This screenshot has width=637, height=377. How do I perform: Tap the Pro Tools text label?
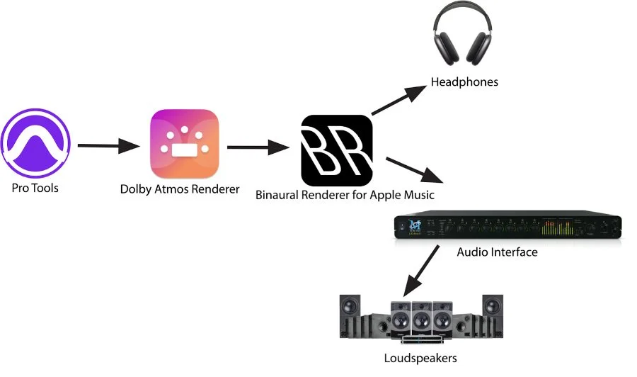(35, 188)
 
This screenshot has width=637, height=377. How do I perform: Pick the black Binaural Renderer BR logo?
(337, 150)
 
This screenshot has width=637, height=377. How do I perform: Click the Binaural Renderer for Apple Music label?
(345, 194)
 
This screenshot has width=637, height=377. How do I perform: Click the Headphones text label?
(464, 82)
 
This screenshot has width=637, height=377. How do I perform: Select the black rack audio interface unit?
(507, 226)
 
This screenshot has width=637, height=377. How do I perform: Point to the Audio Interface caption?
(497, 252)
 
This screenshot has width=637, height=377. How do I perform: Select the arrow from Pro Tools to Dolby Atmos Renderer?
(108, 147)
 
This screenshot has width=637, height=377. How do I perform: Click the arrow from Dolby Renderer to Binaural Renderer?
(258, 148)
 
